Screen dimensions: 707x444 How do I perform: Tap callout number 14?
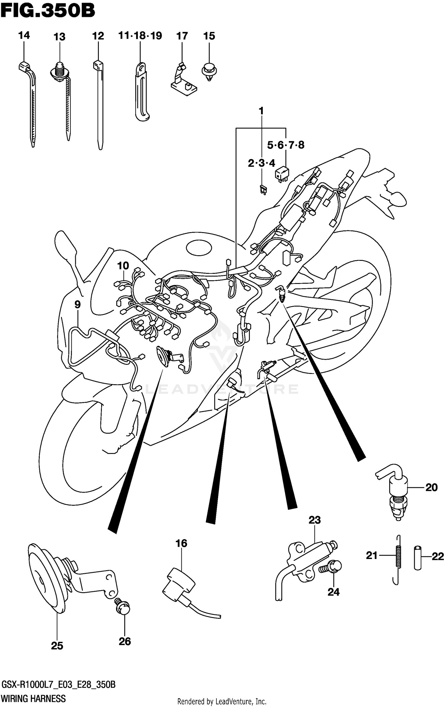[24, 36]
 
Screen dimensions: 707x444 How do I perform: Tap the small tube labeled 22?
[417, 558]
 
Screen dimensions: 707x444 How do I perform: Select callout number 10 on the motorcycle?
[123, 266]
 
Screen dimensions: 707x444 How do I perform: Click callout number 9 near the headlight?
[78, 304]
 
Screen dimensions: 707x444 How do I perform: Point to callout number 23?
[314, 520]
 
